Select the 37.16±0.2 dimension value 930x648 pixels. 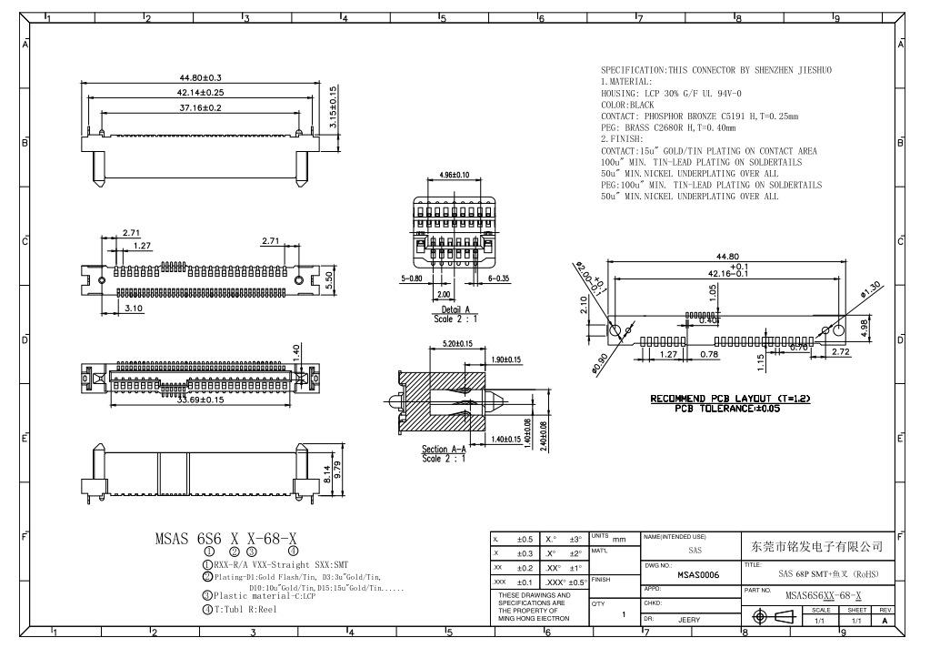200,107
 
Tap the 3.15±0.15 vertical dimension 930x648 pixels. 334,106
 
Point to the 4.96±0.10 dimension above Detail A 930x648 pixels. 454,174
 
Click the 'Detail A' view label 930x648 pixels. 455,310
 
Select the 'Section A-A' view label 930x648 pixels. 445,450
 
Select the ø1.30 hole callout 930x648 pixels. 871,288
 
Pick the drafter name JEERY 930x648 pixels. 689,619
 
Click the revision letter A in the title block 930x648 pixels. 885,621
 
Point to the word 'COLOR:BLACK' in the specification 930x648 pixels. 627,105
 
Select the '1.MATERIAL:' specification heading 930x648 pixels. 626,82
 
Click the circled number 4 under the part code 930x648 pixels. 293,551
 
